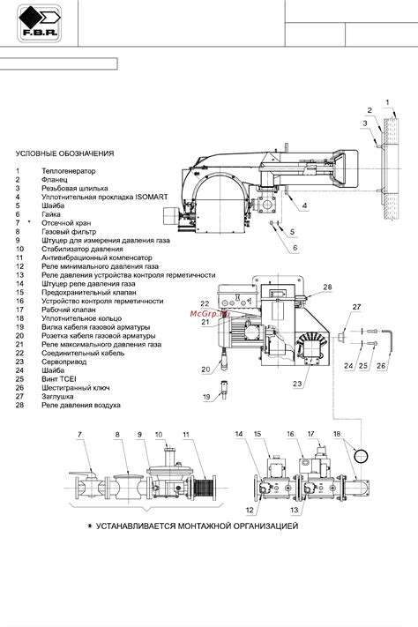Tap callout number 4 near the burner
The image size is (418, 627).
(x=303, y=205)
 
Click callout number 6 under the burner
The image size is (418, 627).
(x=295, y=250)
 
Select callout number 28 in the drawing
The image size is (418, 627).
(x=327, y=287)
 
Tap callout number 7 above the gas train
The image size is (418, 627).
(x=79, y=435)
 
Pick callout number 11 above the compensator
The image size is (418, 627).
(x=186, y=435)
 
